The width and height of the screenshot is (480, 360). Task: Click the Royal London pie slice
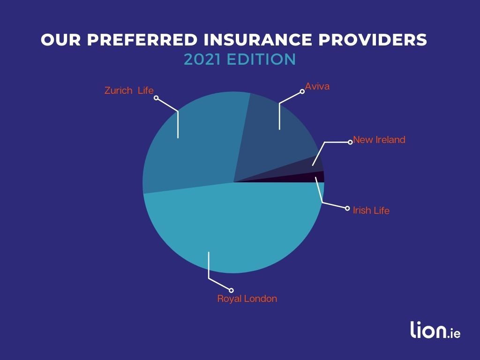coord(234,230)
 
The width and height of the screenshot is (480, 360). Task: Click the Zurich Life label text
coord(129,90)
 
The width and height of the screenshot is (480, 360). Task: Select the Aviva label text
coord(317,86)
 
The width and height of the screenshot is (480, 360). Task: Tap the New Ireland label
coord(379,140)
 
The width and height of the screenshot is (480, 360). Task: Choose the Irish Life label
coord(371,210)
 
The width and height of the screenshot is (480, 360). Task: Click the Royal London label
coord(247,299)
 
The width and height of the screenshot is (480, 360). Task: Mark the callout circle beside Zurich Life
coord(157,98)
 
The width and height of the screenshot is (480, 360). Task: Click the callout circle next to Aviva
coord(302,91)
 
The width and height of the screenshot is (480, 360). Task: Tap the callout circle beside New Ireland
coord(350,142)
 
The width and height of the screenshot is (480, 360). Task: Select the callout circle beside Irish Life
coord(347,208)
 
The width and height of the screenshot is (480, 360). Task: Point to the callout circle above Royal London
coord(231,289)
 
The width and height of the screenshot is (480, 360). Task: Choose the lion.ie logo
coord(435,330)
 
